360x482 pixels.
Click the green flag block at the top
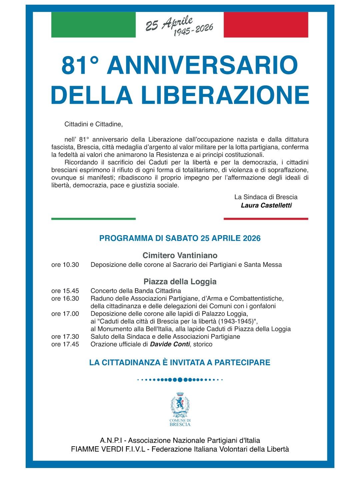point(93,25)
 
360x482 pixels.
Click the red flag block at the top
point(266,25)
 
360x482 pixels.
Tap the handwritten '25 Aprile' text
point(169,23)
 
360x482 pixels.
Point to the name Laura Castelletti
point(266,205)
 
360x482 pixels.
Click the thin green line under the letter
point(93,219)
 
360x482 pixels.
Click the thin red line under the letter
point(266,219)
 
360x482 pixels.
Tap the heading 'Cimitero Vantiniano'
point(180,256)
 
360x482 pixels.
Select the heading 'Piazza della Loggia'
point(180,282)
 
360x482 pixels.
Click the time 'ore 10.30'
point(65,265)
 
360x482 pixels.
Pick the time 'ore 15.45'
point(65,291)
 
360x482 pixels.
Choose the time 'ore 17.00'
point(65,314)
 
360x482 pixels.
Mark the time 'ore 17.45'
point(65,344)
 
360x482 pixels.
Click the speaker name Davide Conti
point(170,344)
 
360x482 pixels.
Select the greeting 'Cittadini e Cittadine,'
point(94,124)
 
